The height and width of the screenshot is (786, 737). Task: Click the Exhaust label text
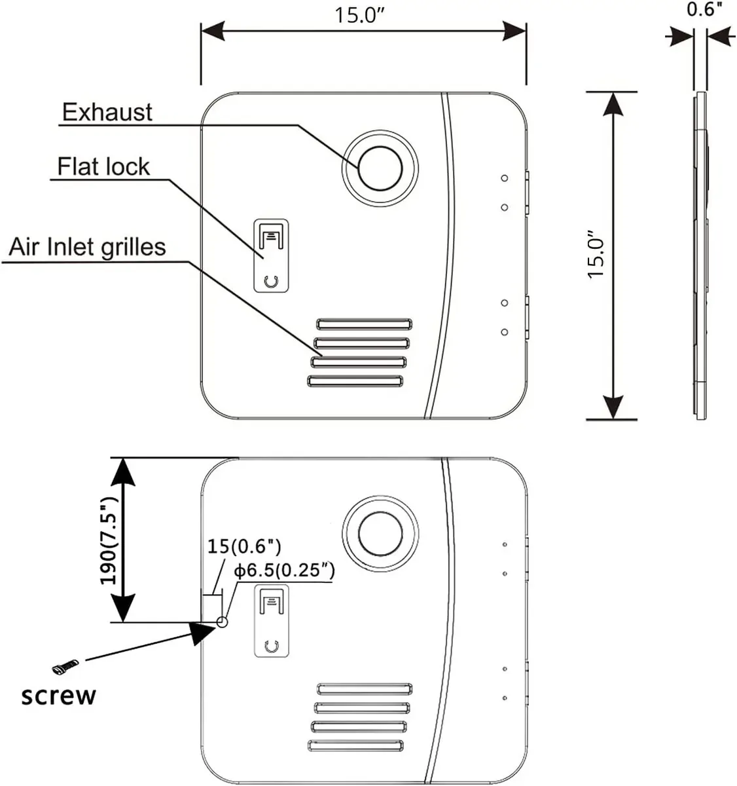click(x=107, y=113)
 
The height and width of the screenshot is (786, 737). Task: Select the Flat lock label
click(x=103, y=166)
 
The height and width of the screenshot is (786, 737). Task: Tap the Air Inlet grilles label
click(x=87, y=247)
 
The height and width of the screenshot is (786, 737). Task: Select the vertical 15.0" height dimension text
click(x=597, y=255)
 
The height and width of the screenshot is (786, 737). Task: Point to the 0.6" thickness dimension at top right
click(x=704, y=10)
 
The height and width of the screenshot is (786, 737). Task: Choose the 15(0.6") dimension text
click(x=244, y=546)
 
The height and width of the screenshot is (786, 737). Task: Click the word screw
click(x=58, y=695)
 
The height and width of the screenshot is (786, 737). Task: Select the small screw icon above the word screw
click(x=65, y=667)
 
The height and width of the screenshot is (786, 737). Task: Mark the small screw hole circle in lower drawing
click(x=222, y=622)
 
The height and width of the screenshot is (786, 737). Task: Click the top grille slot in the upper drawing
click(x=365, y=324)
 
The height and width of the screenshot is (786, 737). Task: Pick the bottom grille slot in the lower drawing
click(x=355, y=745)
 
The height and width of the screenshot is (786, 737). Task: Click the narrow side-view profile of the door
click(x=700, y=255)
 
